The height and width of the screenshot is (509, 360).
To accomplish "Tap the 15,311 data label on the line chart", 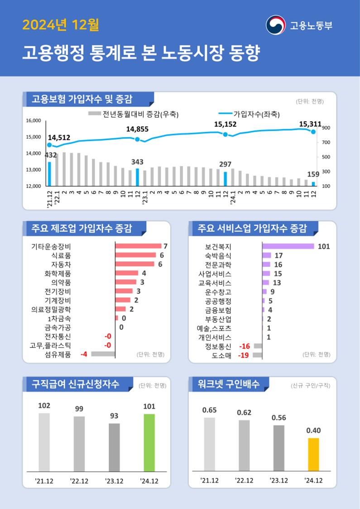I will pos(310,124).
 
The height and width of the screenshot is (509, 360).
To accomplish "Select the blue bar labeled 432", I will pos(49,174).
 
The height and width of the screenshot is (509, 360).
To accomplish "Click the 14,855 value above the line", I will pos(137,129).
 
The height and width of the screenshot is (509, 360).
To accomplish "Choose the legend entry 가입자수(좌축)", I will pos(256,114).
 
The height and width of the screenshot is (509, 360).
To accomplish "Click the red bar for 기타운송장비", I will pos(138,246).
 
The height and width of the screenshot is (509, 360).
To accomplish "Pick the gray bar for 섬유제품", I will pos(103,354).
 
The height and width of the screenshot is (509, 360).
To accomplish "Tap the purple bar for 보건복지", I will pos(288,246).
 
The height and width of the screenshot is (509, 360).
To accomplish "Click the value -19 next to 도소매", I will pos(243,355).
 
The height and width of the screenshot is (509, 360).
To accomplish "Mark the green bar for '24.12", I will pos(149,442).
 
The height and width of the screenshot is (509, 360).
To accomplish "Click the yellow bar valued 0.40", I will pos(313,454).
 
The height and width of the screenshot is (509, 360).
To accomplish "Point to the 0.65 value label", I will pos(209,410).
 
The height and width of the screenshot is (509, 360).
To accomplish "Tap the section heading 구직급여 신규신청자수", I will pos(75,384).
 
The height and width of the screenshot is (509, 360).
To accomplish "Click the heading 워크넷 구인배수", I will pos(228,384).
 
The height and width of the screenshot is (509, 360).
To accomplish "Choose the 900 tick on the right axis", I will pos(326,128).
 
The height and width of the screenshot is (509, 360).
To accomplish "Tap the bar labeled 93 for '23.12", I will pos(114,447).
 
